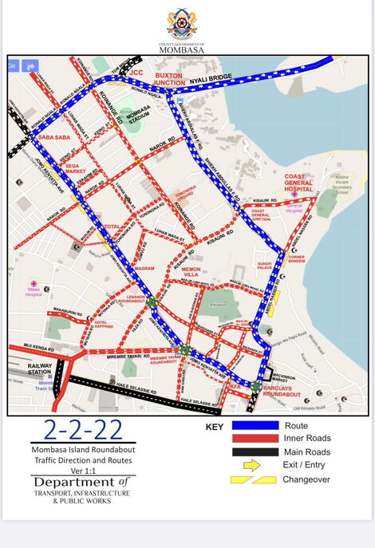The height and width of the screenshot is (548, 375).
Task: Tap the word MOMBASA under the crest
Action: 182,49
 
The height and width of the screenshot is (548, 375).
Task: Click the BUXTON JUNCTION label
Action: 169,79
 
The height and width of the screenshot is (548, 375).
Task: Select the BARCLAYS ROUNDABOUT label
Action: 282,392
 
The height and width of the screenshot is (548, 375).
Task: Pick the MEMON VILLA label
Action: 191,274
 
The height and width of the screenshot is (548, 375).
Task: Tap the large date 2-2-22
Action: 84,430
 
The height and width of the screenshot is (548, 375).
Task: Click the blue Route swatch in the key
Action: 255,426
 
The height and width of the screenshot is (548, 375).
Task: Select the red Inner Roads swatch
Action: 255,439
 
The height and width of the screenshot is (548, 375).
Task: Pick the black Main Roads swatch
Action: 255,452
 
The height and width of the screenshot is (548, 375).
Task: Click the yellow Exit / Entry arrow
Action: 252,465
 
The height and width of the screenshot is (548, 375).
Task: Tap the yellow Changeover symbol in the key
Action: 254,480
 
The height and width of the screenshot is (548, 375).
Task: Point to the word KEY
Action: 214,427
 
